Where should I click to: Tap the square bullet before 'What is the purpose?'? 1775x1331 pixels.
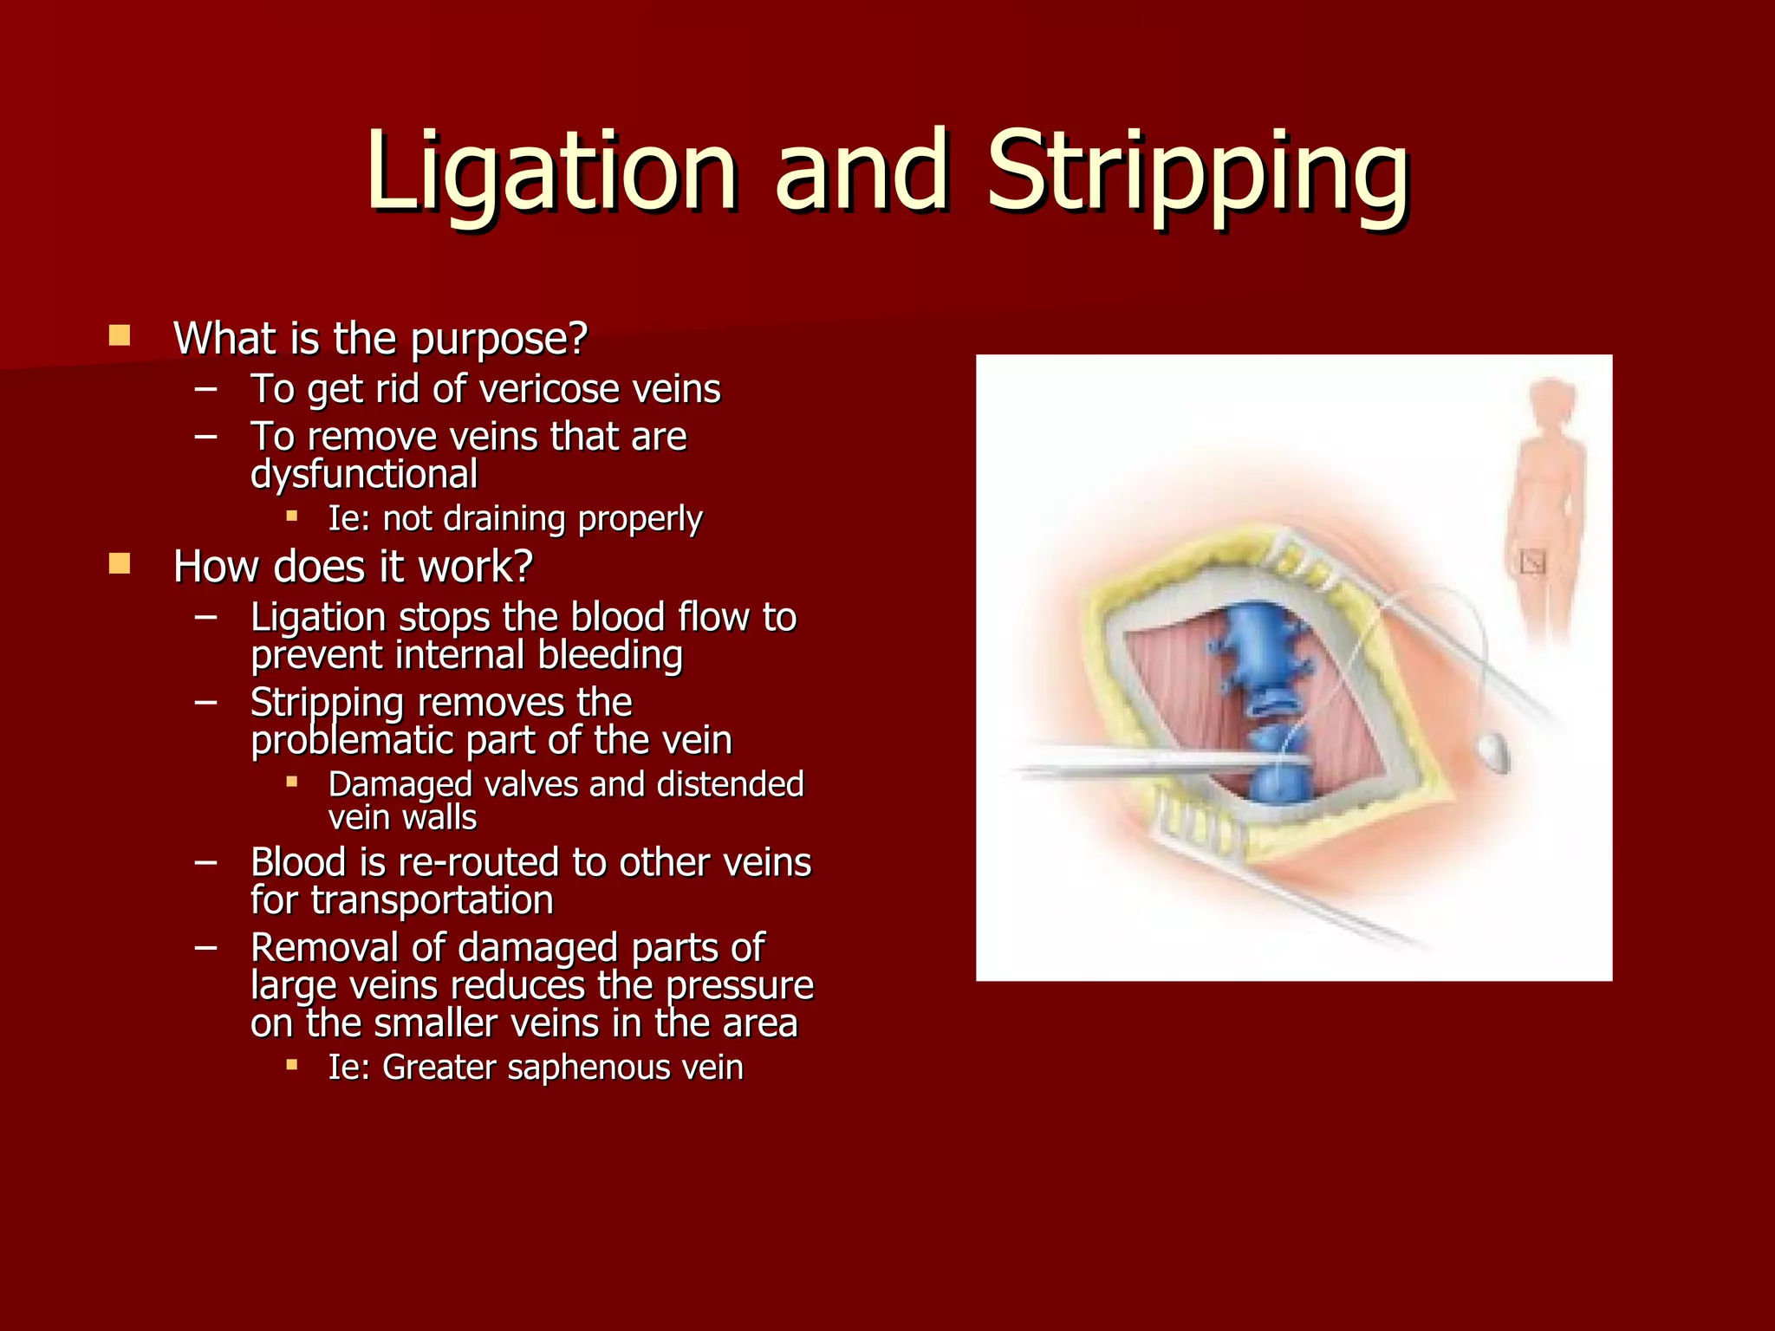point(120,335)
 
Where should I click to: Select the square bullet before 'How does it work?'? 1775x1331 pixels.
point(120,565)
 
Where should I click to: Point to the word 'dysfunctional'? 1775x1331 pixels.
point(364,475)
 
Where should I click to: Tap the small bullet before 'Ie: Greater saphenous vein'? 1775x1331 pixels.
point(292,1064)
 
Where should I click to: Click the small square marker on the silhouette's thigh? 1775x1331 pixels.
point(1532,563)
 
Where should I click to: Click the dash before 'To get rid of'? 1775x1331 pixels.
point(206,389)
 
